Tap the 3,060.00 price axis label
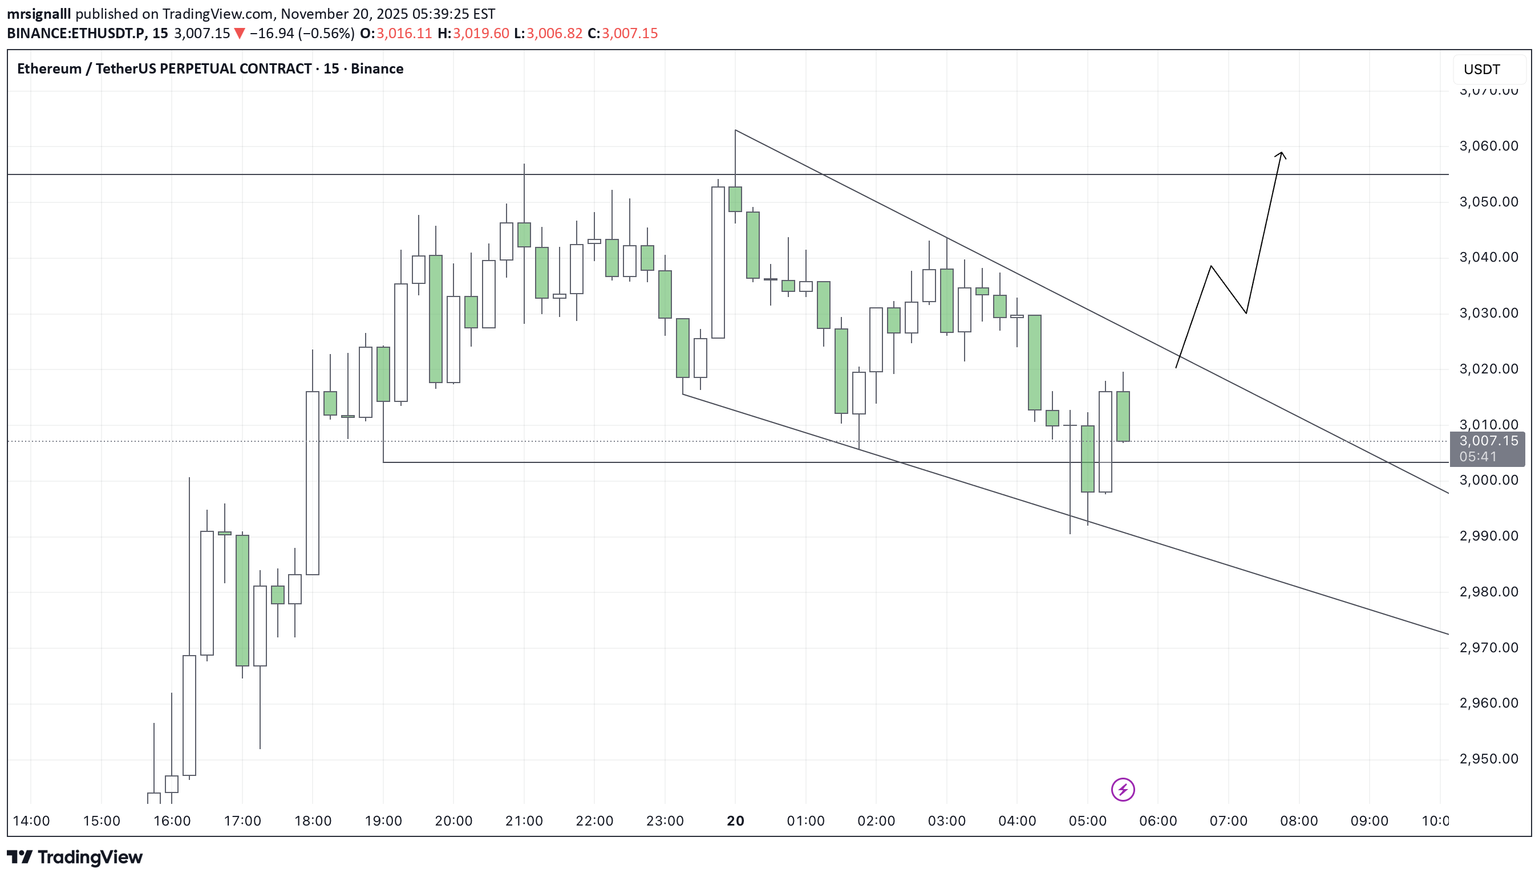pos(1488,146)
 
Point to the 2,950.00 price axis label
pos(1488,759)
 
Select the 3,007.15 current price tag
pos(1488,441)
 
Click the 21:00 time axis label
pos(524,821)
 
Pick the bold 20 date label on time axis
pos(735,821)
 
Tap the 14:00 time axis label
pos(31,821)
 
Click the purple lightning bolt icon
pos(1122,790)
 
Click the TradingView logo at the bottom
pos(75,857)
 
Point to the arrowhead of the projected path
pos(1281,154)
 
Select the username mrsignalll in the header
pos(39,14)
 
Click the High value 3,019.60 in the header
pos(481,33)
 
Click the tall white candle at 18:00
pos(312,482)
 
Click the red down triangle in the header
pos(240,33)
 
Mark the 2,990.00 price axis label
pos(1488,536)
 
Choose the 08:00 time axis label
pos(1298,821)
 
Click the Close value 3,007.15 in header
pos(629,33)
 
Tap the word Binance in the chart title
pos(376,69)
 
